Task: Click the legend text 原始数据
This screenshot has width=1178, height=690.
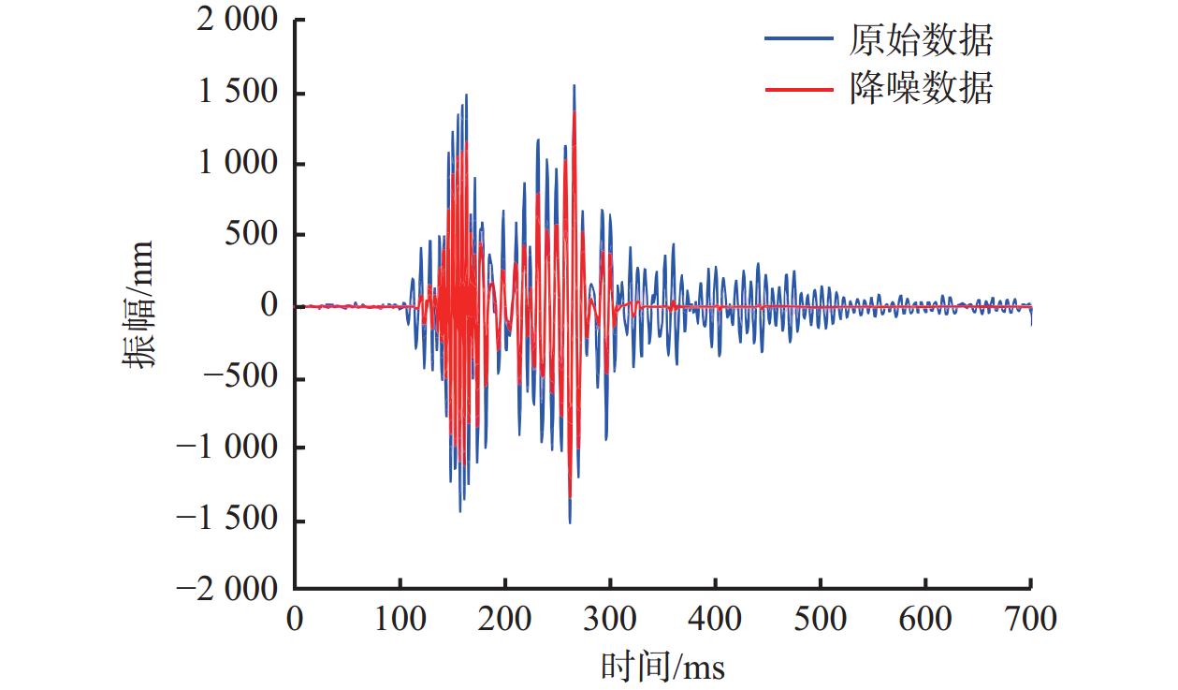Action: (921, 40)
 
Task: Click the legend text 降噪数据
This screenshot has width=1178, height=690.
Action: (921, 89)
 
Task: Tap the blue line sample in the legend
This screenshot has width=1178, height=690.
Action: (798, 39)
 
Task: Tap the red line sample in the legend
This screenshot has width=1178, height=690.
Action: (798, 89)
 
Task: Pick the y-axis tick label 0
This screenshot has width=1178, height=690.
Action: (270, 305)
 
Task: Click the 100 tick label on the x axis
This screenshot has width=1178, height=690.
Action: (400, 619)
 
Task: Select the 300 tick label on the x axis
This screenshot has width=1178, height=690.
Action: (610, 619)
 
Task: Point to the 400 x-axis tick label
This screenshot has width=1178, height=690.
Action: (715, 619)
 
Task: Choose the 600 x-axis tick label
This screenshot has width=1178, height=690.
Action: (925, 619)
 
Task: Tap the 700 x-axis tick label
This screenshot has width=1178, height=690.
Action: (1029, 619)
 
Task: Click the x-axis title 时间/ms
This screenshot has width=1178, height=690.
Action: (662, 666)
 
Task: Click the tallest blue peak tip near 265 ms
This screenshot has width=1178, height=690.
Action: (574, 85)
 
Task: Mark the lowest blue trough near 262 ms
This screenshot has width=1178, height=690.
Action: (570, 522)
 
